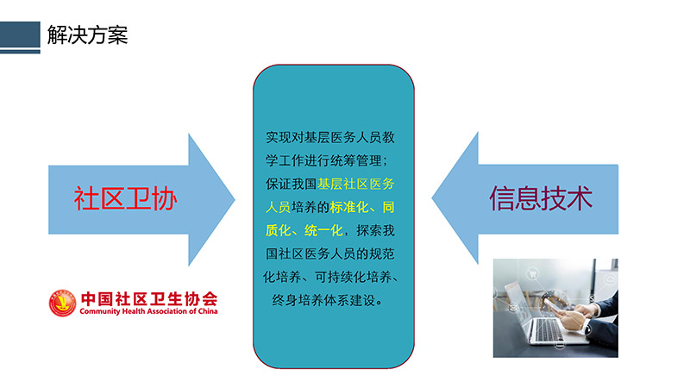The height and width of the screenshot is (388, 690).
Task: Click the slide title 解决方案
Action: point(87,34)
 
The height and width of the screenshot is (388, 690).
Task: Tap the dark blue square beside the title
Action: point(20,34)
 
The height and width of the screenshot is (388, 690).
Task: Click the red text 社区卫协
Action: point(125,199)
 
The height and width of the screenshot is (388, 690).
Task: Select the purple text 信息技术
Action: point(541,198)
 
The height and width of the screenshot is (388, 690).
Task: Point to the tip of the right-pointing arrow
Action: point(235,200)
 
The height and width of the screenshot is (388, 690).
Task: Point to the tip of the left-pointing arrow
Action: point(432,198)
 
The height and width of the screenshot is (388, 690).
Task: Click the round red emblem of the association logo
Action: point(62,303)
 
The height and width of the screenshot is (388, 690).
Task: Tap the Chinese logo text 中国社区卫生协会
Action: point(149,298)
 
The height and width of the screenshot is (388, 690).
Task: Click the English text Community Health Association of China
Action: point(148,311)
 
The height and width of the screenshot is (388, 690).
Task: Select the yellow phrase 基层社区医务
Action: point(356,184)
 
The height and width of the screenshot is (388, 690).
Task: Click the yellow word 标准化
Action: point(349,207)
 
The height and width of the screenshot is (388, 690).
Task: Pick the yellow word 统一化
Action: point(323,230)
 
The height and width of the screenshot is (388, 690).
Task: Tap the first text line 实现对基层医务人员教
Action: point(330,137)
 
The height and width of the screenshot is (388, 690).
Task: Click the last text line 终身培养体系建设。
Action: point(328,300)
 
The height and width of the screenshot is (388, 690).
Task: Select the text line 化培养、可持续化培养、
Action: point(330,277)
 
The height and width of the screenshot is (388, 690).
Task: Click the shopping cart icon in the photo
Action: point(532,274)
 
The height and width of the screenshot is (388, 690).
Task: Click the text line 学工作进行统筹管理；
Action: point(327,160)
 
